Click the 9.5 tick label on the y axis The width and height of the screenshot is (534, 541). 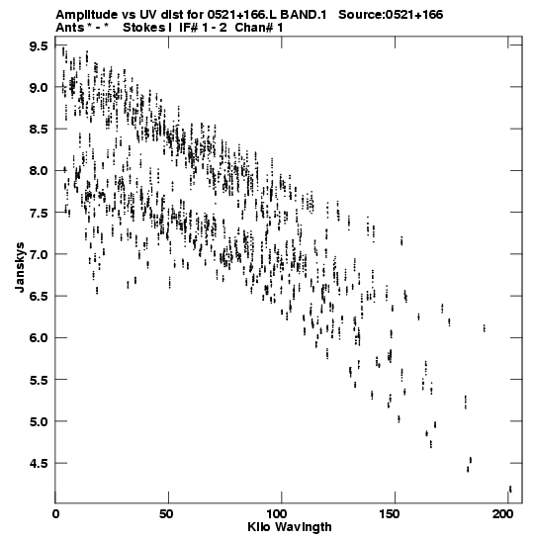(x=39, y=45)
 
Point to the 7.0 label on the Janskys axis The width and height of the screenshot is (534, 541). (x=39, y=254)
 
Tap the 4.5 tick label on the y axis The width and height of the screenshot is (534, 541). (x=39, y=464)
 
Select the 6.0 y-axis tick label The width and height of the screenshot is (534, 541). (x=39, y=338)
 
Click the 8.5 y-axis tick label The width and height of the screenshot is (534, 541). (x=39, y=130)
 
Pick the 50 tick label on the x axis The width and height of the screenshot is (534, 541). (x=168, y=513)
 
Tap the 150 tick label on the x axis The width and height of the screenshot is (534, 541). (x=395, y=513)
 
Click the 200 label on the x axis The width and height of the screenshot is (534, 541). (x=508, y=513)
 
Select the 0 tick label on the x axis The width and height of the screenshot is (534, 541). (x=55, y=513)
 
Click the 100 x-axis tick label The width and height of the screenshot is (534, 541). (x=282, y=513)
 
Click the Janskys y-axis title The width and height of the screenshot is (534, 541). (x=20, y=267)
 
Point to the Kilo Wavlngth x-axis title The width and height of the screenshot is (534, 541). (x=290, y=527)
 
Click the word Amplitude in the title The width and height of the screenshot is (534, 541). (x=87, y=15)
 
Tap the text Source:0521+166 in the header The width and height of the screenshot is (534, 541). (x=391, y=15)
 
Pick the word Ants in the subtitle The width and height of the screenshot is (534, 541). (x=69, y=28)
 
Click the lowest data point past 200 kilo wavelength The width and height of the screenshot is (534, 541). (x=510, y=489)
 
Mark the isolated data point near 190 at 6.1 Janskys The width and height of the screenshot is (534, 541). (x=485, y=327)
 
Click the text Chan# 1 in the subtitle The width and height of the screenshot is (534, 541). (x=259, y=28)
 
